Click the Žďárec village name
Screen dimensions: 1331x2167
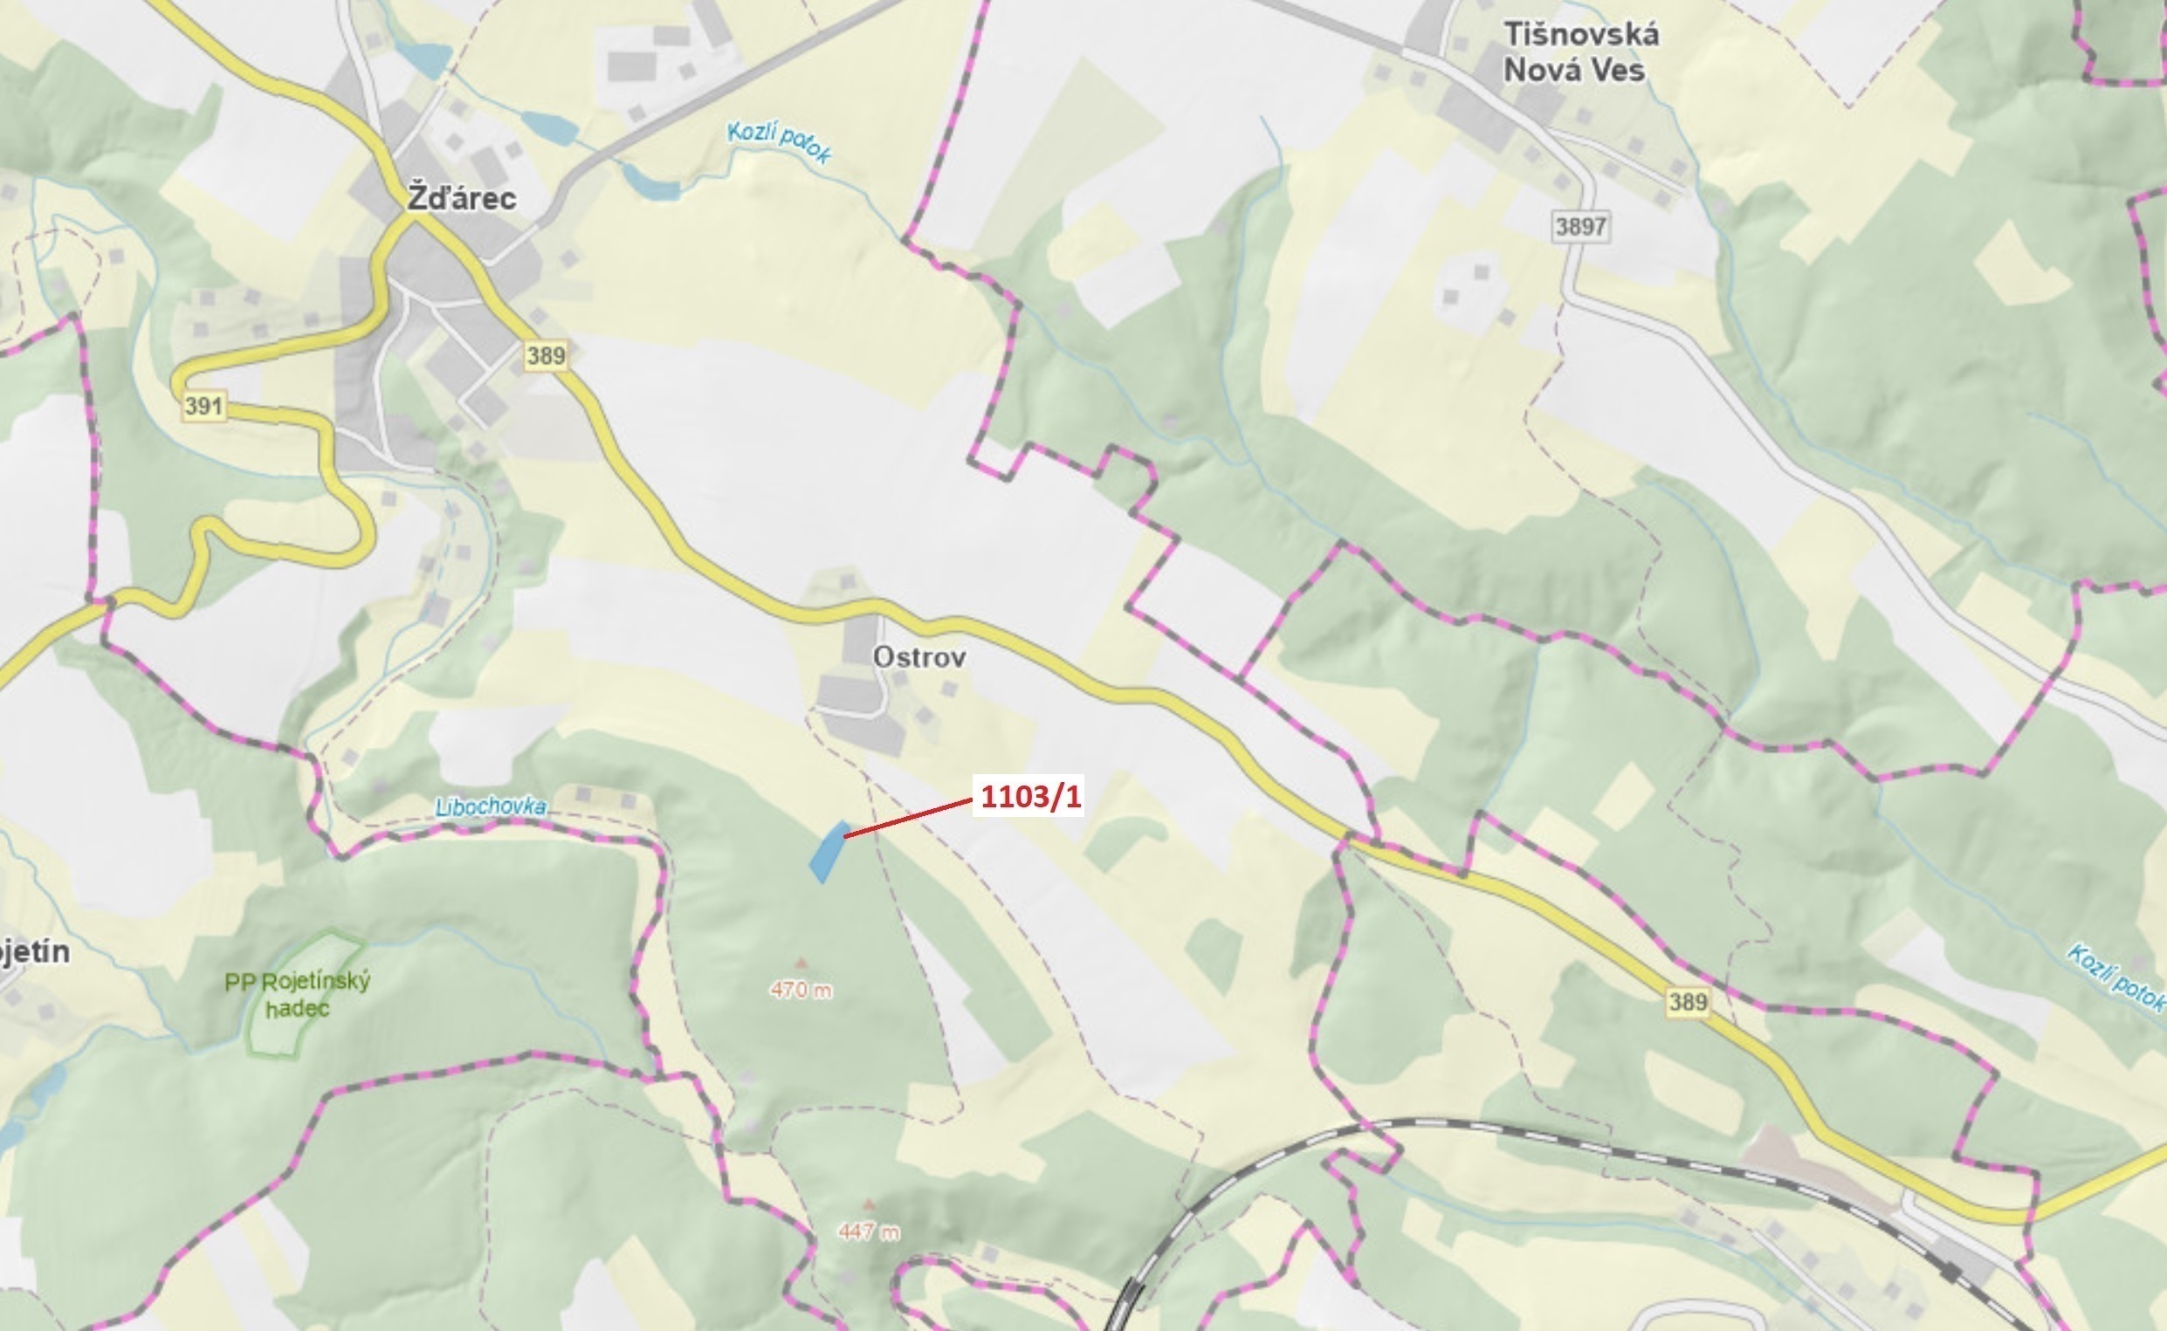(x=460, y=198)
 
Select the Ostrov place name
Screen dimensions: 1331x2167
(x=918, y=656)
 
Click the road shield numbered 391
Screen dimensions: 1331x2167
(x=204, y=406)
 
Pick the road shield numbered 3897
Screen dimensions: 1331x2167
(x=1580, y=226)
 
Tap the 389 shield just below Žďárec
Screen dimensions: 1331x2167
(x=546, y=355)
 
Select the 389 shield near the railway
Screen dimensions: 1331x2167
(x=1687, y=1002)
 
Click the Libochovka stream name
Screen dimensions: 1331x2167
(x=491, y=806)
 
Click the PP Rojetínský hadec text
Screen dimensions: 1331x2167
(x=298, y=994)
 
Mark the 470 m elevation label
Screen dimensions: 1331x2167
(x=801, y=990)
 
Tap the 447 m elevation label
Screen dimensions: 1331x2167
(x=869, y=1232)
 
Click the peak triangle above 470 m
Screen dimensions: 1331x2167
(x=801, y=963)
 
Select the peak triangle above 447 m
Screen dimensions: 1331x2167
(x=869, y=1204)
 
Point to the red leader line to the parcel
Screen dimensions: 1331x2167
(x=907, y=818)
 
